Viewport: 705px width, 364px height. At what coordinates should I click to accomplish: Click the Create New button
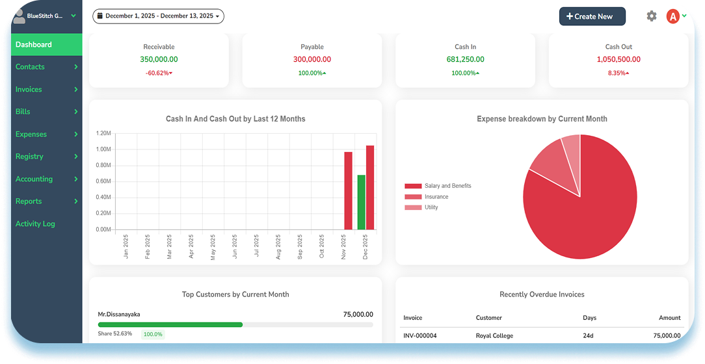coord(592,16)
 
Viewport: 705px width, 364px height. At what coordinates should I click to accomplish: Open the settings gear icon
coord(652,16)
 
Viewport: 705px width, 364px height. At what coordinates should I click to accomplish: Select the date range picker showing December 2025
coord(158,16)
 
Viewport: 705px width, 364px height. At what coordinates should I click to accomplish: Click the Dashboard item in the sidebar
coord(47,44)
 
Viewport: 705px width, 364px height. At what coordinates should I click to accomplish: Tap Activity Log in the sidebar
coord(35,224)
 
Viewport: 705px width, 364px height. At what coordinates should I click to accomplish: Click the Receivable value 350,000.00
coord(159,59)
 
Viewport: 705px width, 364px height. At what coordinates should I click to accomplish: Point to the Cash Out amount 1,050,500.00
coord(619,59)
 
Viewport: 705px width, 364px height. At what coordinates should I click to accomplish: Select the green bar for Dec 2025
coord(361,202)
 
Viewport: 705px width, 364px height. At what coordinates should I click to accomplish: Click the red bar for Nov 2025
coord(348,191)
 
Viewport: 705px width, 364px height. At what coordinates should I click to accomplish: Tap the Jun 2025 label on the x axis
coord(235,247)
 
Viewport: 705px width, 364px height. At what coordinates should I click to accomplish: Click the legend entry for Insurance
coord(427,197)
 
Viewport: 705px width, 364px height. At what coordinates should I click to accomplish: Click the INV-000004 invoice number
coord(420,335)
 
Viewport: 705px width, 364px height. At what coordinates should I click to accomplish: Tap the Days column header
coord(589,318)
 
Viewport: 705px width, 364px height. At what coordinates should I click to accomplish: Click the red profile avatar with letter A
coord(672,17)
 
